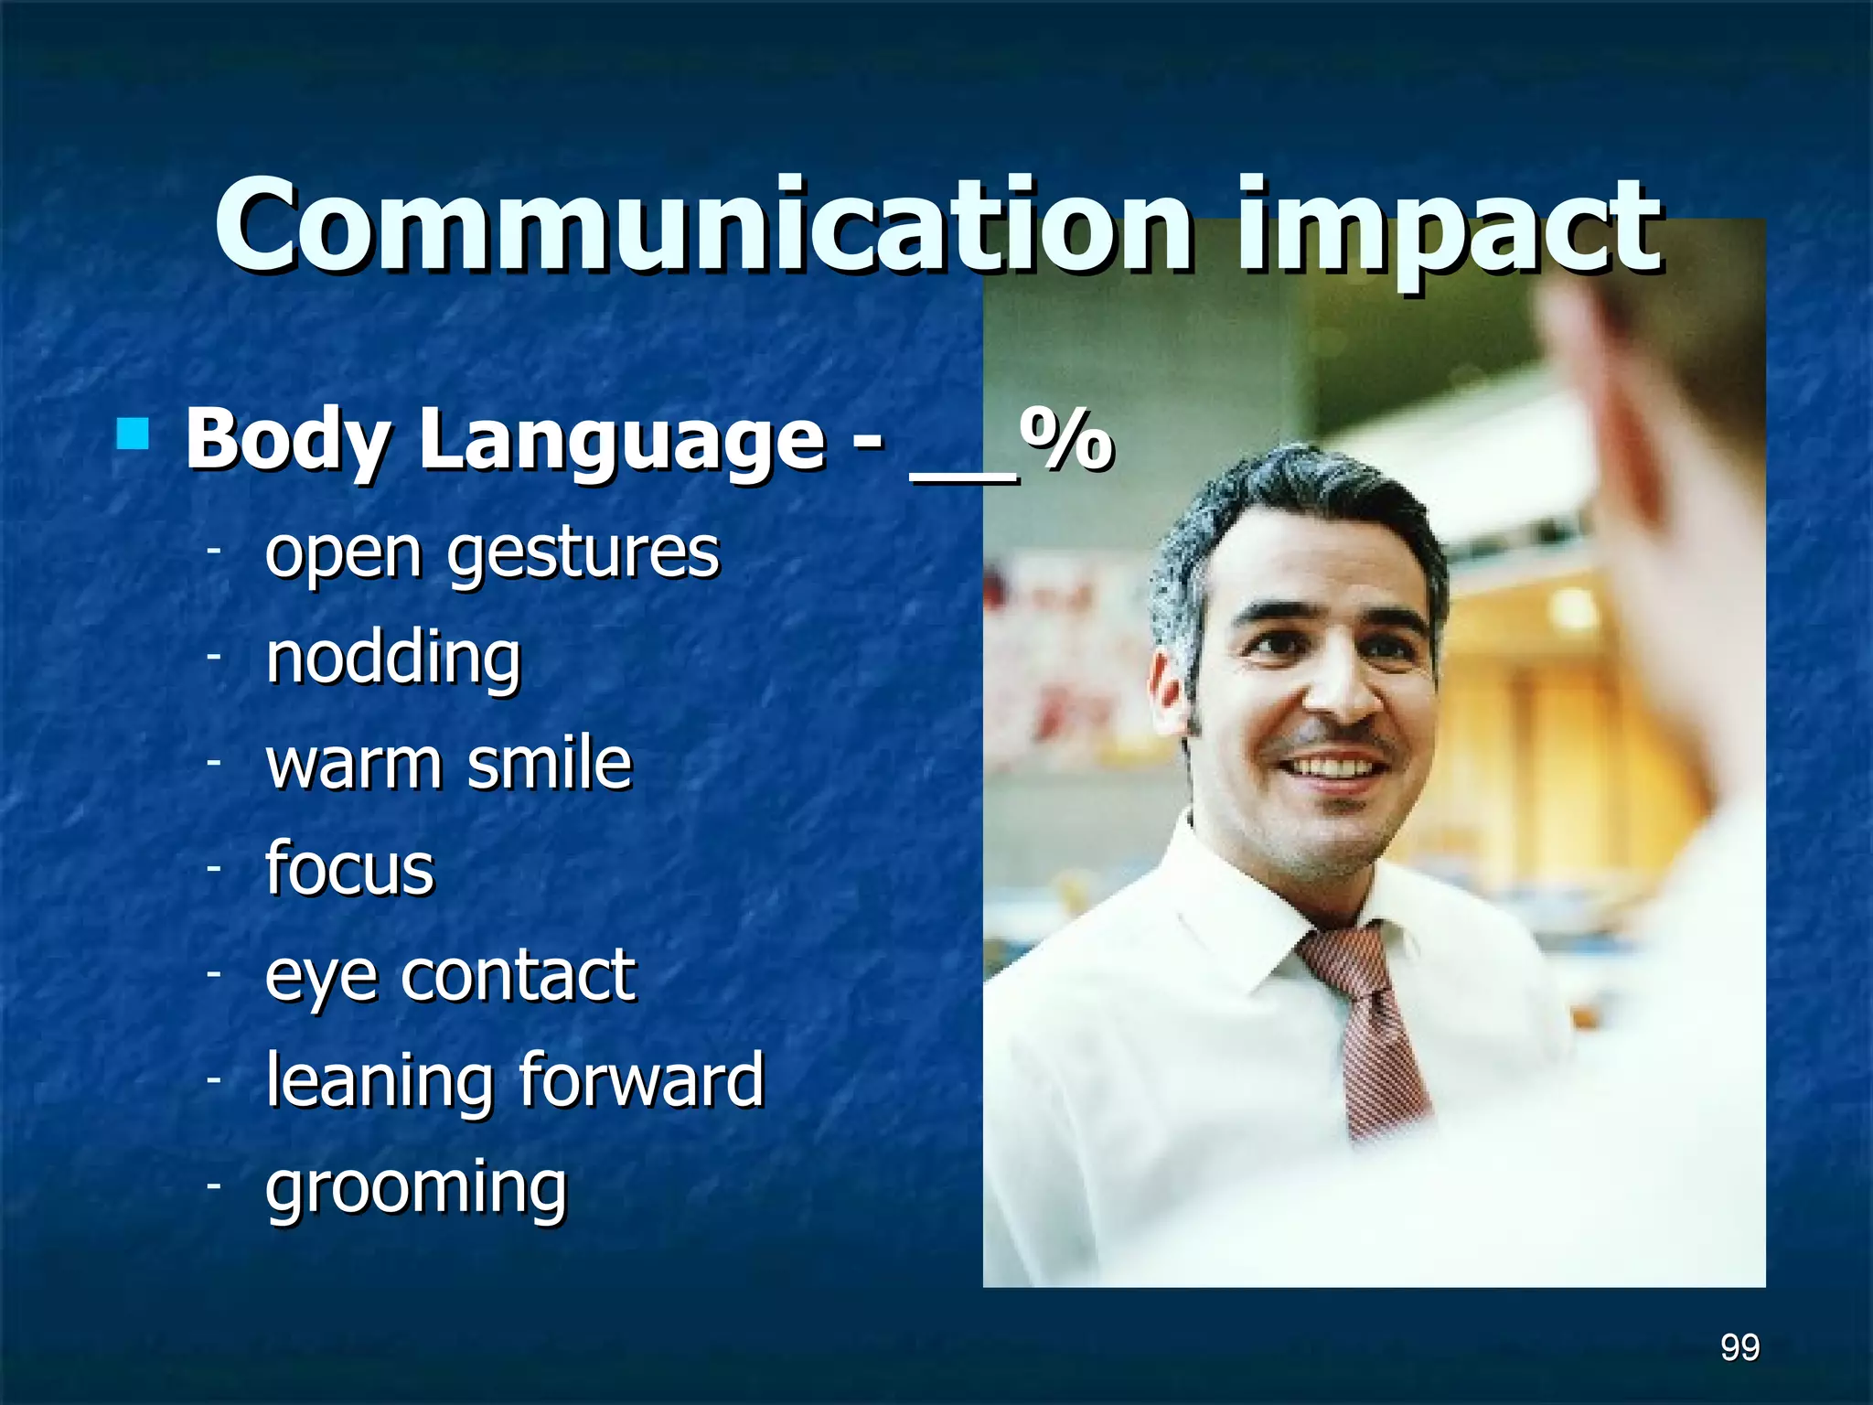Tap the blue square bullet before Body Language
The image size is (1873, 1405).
pyautogui.click(x=134, y=434)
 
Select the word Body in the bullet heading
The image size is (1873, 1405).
pyautogui.click(x=287, y=441)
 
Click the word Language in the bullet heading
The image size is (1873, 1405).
pyautogui.click(x=622, y=441)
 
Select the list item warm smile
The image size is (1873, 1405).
pyautogui.click(x=448, y=763)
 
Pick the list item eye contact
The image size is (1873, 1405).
pyautogui.click(x=450, y=975)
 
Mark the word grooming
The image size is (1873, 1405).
pyautogui.click(x=416, y=1187)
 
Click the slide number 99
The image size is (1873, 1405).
pyautogui.click(x=1739, y=1347)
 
